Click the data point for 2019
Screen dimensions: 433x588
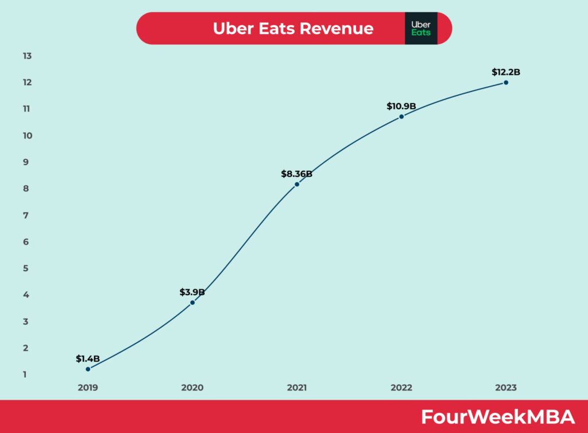point(88,369)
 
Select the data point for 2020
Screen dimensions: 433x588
point(192,302)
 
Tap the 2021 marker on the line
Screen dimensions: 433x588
point(297,184)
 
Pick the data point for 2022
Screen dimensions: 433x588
point(401,116)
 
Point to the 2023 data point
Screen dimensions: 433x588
point(506,82)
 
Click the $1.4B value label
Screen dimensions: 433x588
point(88,359)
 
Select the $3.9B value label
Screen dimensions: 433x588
point(192,292)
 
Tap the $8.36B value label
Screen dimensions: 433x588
point(297,174)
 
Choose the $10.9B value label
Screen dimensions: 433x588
point(401,106)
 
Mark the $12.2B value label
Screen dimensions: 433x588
point(506,72)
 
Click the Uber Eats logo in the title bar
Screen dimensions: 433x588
point(421,28)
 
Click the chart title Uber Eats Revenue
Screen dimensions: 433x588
point(293,28)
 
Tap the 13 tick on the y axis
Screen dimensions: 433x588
point(27,56)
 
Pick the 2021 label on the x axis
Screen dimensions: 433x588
point(297,388)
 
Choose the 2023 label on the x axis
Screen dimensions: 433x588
point(506,388)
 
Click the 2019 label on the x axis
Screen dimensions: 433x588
point(88,388)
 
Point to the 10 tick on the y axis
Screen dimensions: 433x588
point(27,136)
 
